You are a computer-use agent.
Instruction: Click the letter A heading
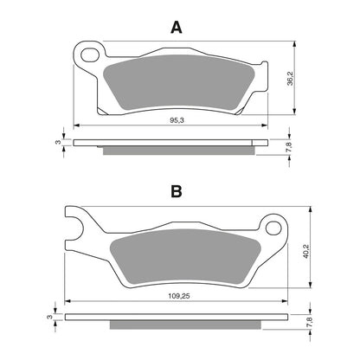pos(177,27)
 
